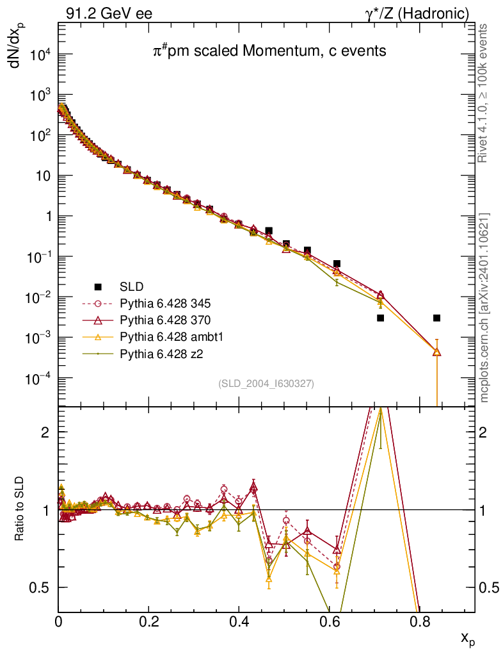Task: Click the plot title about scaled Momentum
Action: click(x=269, y=51)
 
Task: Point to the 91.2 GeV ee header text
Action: click(x=105, y=13)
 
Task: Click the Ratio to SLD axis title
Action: click(x=20, y=510)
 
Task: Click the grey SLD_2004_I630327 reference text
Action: click(x=266, y=384)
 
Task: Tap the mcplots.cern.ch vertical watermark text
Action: click(x=484, y=307)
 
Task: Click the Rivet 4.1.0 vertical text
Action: click(x=484, y=93)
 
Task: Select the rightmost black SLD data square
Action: click(x=436, y=318)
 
